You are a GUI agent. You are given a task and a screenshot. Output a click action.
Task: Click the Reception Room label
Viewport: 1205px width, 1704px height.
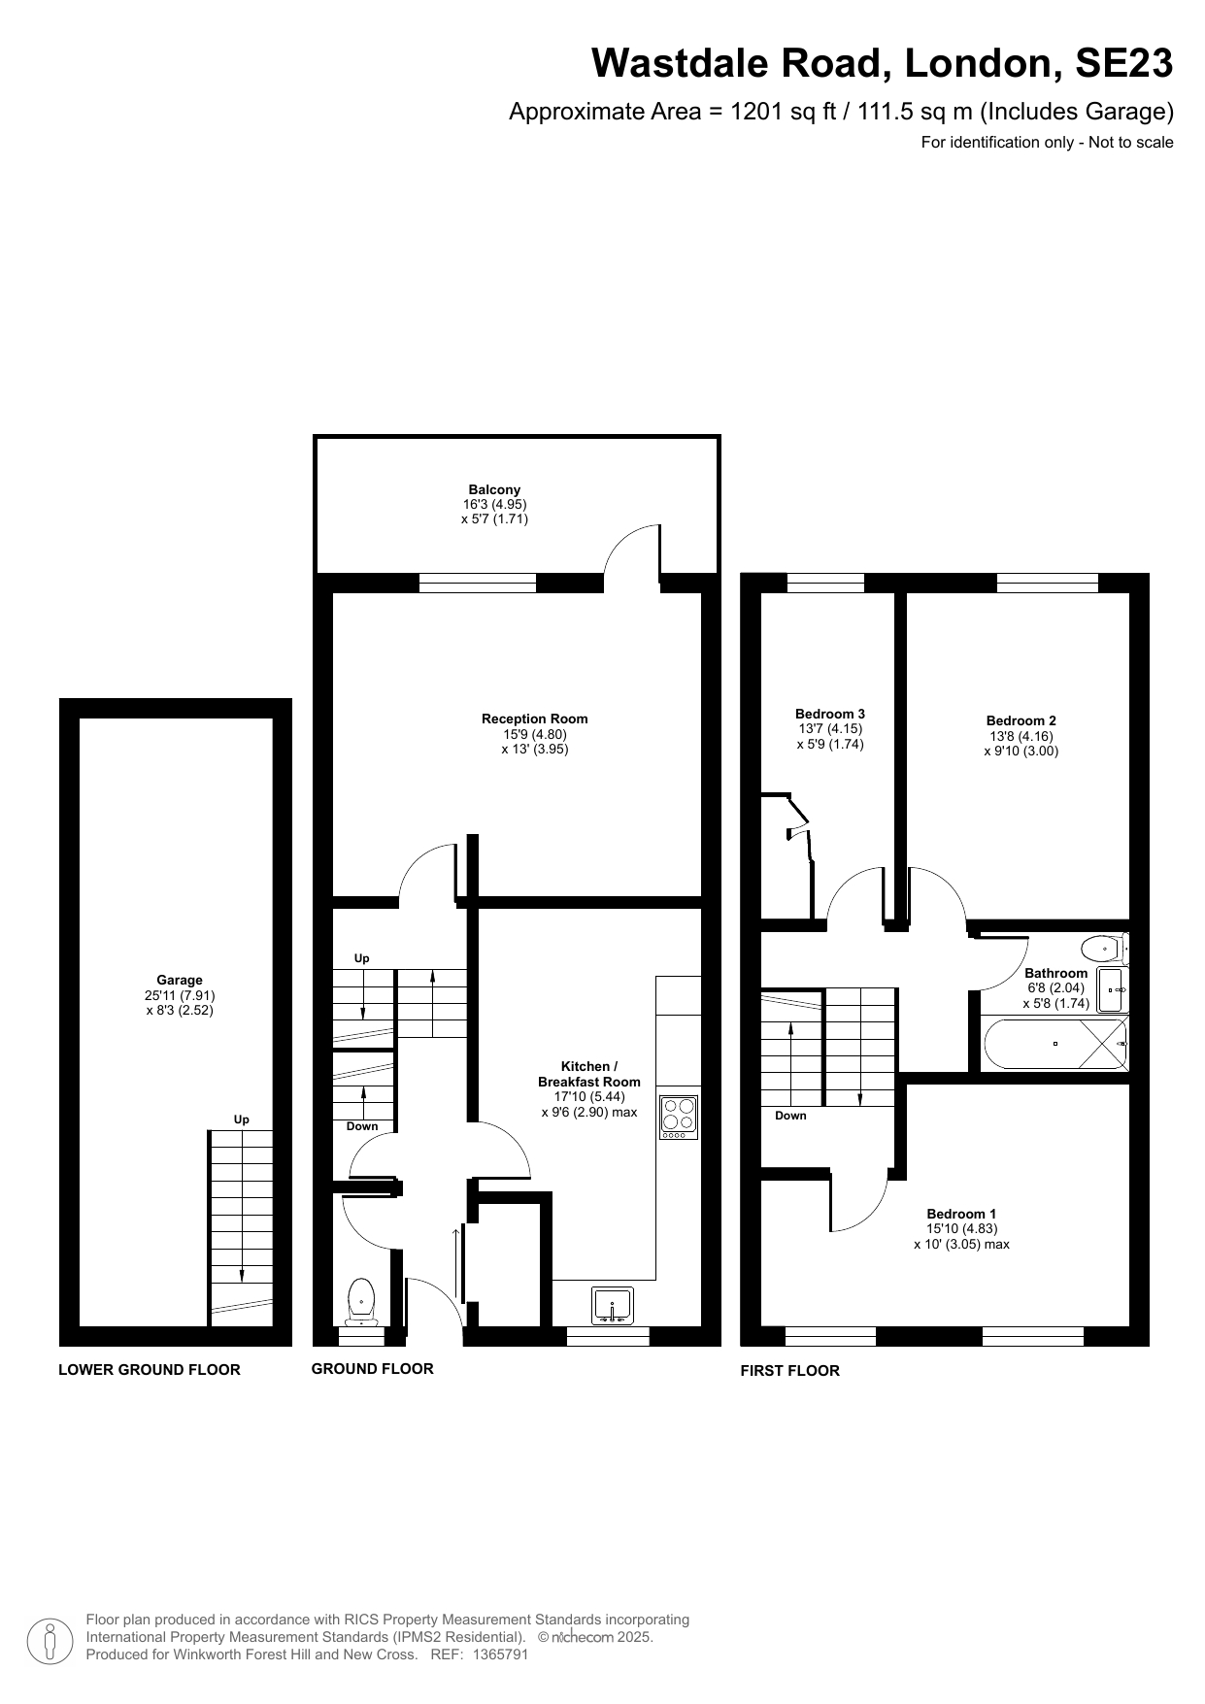[x=534, y=718]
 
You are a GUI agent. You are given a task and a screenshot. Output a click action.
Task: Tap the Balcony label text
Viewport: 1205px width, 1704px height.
[x=494, y=490]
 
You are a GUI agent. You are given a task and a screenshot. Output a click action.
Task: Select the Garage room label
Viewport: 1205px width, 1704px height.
[x=180, y=980]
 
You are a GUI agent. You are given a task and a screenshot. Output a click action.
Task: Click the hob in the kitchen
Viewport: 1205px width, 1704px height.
[x=679, y=1117]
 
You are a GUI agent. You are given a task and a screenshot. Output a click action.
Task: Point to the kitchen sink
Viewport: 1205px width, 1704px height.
[x=613, y=1304]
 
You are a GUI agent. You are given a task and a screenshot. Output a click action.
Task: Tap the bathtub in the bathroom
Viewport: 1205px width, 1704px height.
[x=1054, y=1044]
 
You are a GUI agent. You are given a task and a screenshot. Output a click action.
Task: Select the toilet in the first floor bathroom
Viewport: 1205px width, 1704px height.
[x=1103, y=948]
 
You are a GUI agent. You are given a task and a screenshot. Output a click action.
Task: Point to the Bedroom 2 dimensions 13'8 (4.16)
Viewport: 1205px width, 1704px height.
[x=1021, y=736]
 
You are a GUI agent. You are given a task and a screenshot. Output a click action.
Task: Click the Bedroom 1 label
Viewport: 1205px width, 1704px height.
[x=960, y=1214]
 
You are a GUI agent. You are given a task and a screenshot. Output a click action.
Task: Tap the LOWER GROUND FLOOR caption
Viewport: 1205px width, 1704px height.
[x=150, y=1370]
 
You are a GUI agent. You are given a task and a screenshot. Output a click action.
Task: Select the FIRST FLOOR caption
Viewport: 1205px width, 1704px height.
[x=789, y=1371]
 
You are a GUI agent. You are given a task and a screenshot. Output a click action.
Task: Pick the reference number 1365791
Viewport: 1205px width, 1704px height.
[x=499, y=1654]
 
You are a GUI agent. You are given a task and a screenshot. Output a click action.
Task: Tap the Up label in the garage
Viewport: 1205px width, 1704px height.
[x=241, y=1119]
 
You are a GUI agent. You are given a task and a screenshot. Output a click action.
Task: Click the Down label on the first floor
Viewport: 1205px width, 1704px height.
[x=789, y=1116]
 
